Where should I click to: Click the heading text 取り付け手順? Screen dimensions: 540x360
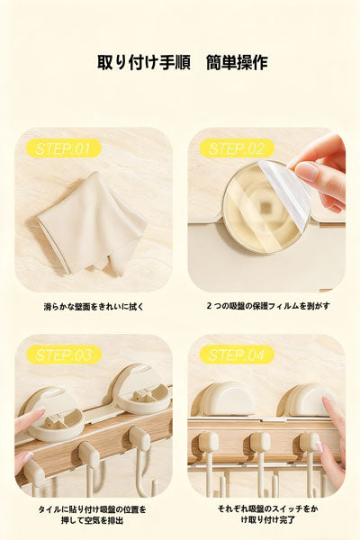pyautogui.click(x=143, y=63)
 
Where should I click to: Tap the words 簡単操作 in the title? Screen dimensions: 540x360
pyautogui.click(x=236, y=63)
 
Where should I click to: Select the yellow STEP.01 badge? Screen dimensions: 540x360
pyautogui.click(x=63, y=148)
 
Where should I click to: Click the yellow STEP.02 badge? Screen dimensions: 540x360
pyautogui.click(x=237, y=148)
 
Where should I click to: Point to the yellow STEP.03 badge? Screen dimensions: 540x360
pyautogui.click(x=63, y=355)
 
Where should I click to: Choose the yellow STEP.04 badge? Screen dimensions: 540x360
pyautogui.click(x=237, y=355)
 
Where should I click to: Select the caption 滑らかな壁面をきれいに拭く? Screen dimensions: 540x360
pyautogui.click(x=94, y=307)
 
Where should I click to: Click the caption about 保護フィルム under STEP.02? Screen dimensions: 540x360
pyautogui.click(x=267, y=307)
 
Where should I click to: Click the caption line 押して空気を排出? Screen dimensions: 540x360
pyautogui.click(x=94, y=521)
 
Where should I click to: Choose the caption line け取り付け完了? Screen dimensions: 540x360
pyautogui.click(x=267, y=521)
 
